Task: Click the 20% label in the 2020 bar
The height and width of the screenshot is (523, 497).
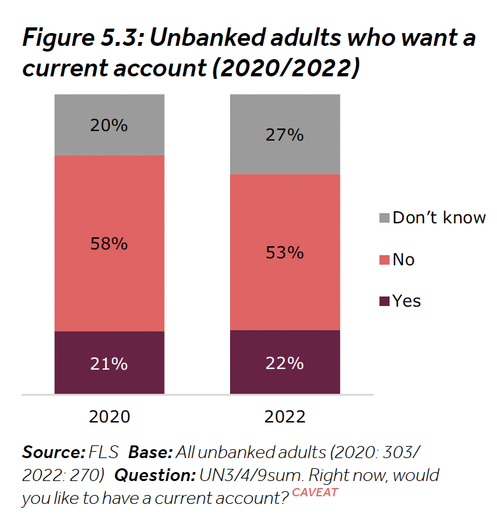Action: point(109,125)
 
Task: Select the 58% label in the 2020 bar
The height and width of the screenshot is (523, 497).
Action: point(109,243)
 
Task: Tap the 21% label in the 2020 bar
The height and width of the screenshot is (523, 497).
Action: point(109,364)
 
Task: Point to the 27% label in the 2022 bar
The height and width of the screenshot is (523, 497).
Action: point(285,135)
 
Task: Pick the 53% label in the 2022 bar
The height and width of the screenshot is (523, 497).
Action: point(285,253)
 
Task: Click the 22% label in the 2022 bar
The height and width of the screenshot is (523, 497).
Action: point(285,363)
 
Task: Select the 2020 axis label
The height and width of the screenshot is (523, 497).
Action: point(109,417)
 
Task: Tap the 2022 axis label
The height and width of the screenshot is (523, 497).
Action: point(285,417)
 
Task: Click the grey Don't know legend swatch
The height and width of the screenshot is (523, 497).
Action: point(384,218)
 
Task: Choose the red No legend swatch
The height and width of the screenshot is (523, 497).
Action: point(384,260)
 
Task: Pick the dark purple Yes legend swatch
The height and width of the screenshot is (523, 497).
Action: point(384,301)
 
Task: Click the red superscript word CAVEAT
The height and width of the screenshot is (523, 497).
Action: point(315,492)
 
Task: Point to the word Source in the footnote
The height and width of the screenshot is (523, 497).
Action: point(53,452)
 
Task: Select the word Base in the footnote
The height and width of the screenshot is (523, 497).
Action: point(150,452)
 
